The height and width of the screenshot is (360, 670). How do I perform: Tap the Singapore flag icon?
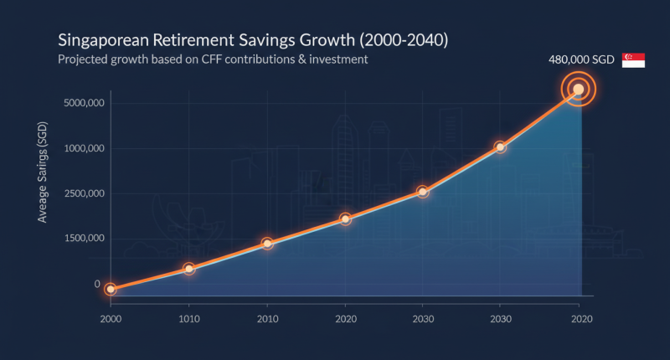[x=633, y=61]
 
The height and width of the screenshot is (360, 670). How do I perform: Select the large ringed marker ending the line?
[x=578, y=89]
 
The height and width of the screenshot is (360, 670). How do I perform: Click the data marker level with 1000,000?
[x=500, y=147]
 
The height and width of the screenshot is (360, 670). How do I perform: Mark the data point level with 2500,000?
[x=423, y=192]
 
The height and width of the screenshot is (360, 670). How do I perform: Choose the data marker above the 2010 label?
[x=267, y=244]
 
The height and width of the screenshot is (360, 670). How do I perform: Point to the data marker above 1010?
[x=189, y=269]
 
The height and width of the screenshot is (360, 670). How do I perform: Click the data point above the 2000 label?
[x=111, y=289]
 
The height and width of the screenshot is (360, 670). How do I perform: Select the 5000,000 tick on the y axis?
[x=83, y=103]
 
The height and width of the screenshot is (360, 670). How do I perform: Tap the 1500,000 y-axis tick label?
[x=83, y=239]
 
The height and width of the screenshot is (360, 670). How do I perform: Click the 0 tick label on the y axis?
[x=97, y=284]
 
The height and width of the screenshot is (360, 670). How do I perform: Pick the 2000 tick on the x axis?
[x=111, y=320]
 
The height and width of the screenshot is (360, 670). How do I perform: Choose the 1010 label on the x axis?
[x=189, y=320]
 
